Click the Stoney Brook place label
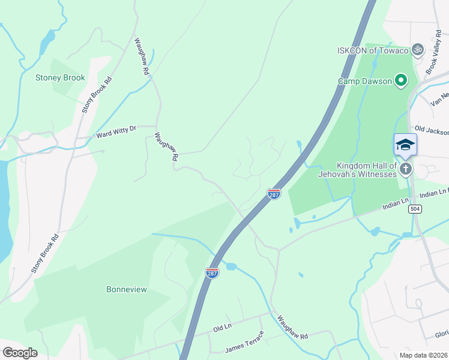click(x=60, y=77)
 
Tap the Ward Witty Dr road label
click(x=116, y=132)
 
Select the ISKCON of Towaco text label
click(x=372, y=50)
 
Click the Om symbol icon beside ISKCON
click(x=418, y=49)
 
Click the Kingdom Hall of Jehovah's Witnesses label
click(x=366, y=170)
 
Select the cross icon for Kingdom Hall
click(x=406, y=169)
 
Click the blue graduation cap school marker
click(x=405, y=145)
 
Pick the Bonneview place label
click(x=127, y=289)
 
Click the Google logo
click(x=20, y=352)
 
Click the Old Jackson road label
click(x=431, y=130)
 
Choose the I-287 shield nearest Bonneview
click(x=212, y=273)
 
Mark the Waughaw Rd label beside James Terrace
click(x=292, y=329)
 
